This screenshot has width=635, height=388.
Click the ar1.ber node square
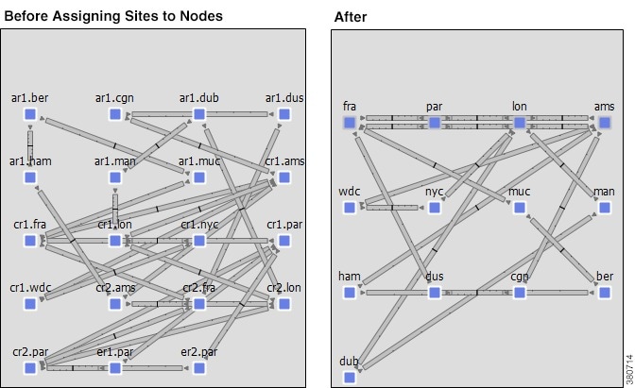[x=30, y=115]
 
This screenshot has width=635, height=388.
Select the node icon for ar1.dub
[x=199, y=115]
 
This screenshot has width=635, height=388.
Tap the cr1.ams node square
[x=283, y=177]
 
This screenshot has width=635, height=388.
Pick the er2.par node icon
[x=199, y=367]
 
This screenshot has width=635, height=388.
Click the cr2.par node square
[x=30, y=367]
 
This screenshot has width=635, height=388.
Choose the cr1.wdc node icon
[x=30, y=304]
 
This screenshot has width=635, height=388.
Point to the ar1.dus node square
[x=283, y=115]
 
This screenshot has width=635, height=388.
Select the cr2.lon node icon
[x=283, y=304]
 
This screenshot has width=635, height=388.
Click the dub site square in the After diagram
[x=350, y=378]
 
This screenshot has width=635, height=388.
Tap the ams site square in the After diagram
[x=604, y=123]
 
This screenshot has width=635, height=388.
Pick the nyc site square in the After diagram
[x=435, y=208]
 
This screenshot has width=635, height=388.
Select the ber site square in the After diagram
[x=604, y=293]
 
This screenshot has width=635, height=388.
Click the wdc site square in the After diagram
[x=350, y=208]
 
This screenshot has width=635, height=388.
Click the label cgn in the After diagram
[x=519, y=277]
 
